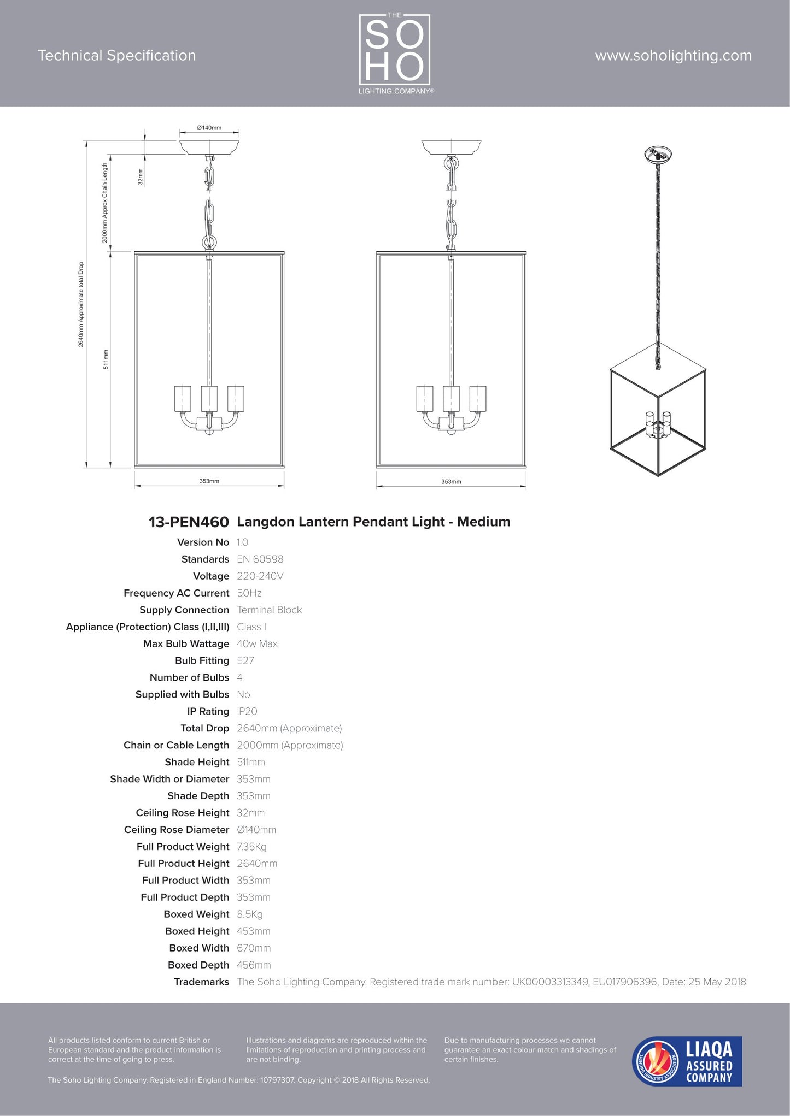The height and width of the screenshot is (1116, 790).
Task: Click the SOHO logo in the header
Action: [395, 53]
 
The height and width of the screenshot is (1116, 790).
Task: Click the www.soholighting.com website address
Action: [673, 56]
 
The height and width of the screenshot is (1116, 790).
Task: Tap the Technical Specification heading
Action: [116, 56]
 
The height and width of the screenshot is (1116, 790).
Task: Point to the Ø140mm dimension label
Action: [209, 128]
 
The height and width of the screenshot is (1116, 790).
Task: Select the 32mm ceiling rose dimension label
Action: [140, 176]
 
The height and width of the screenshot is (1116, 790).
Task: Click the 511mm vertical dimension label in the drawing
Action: [106, 359]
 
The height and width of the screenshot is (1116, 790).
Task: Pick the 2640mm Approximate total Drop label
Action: [81, 304]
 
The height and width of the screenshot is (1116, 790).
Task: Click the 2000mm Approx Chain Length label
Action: [104, 203]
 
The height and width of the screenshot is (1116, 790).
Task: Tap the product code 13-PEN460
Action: [189, 522]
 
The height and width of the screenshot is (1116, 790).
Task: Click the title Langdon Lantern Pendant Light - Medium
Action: [373, 522]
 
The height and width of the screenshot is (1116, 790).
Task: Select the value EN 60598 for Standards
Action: [260, 559]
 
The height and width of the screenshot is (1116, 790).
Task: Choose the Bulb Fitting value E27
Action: [245, 661]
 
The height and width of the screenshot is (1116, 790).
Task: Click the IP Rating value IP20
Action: [247, 712]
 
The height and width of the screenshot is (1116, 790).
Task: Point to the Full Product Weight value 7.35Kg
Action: [251, 847]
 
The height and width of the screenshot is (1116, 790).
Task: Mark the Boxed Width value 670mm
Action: [254, 948]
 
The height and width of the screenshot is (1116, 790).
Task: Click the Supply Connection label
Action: [184, 610]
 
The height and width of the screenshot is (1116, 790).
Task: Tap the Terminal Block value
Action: [269, 610]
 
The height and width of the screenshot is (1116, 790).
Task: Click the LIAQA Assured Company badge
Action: [687, 1061]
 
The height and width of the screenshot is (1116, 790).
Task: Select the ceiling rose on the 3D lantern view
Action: [658, 155]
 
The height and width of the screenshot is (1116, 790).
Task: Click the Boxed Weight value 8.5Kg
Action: [249, 914]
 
